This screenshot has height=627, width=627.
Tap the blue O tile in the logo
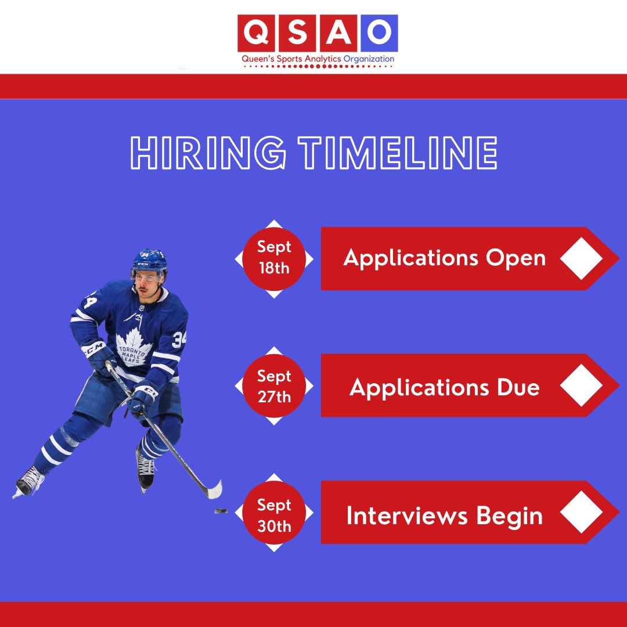point(379,34)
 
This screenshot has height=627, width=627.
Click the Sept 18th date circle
point(274,258)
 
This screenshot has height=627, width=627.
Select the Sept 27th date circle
point(274,386)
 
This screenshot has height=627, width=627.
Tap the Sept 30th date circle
point(274,516)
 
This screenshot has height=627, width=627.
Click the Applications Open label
point(445,258)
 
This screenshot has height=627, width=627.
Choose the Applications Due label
point(445,387)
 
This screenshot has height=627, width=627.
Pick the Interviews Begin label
point(445,516)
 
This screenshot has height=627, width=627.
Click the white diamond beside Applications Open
point(582,258)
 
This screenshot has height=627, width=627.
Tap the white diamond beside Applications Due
point(582,386)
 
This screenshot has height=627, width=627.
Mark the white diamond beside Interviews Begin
point(582,513)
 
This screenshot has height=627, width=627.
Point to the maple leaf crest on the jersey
point(134,348)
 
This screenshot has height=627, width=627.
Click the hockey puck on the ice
point(221,511)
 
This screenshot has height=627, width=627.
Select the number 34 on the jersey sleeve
point(178,337)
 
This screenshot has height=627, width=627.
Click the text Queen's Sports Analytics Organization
point(317,59)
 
